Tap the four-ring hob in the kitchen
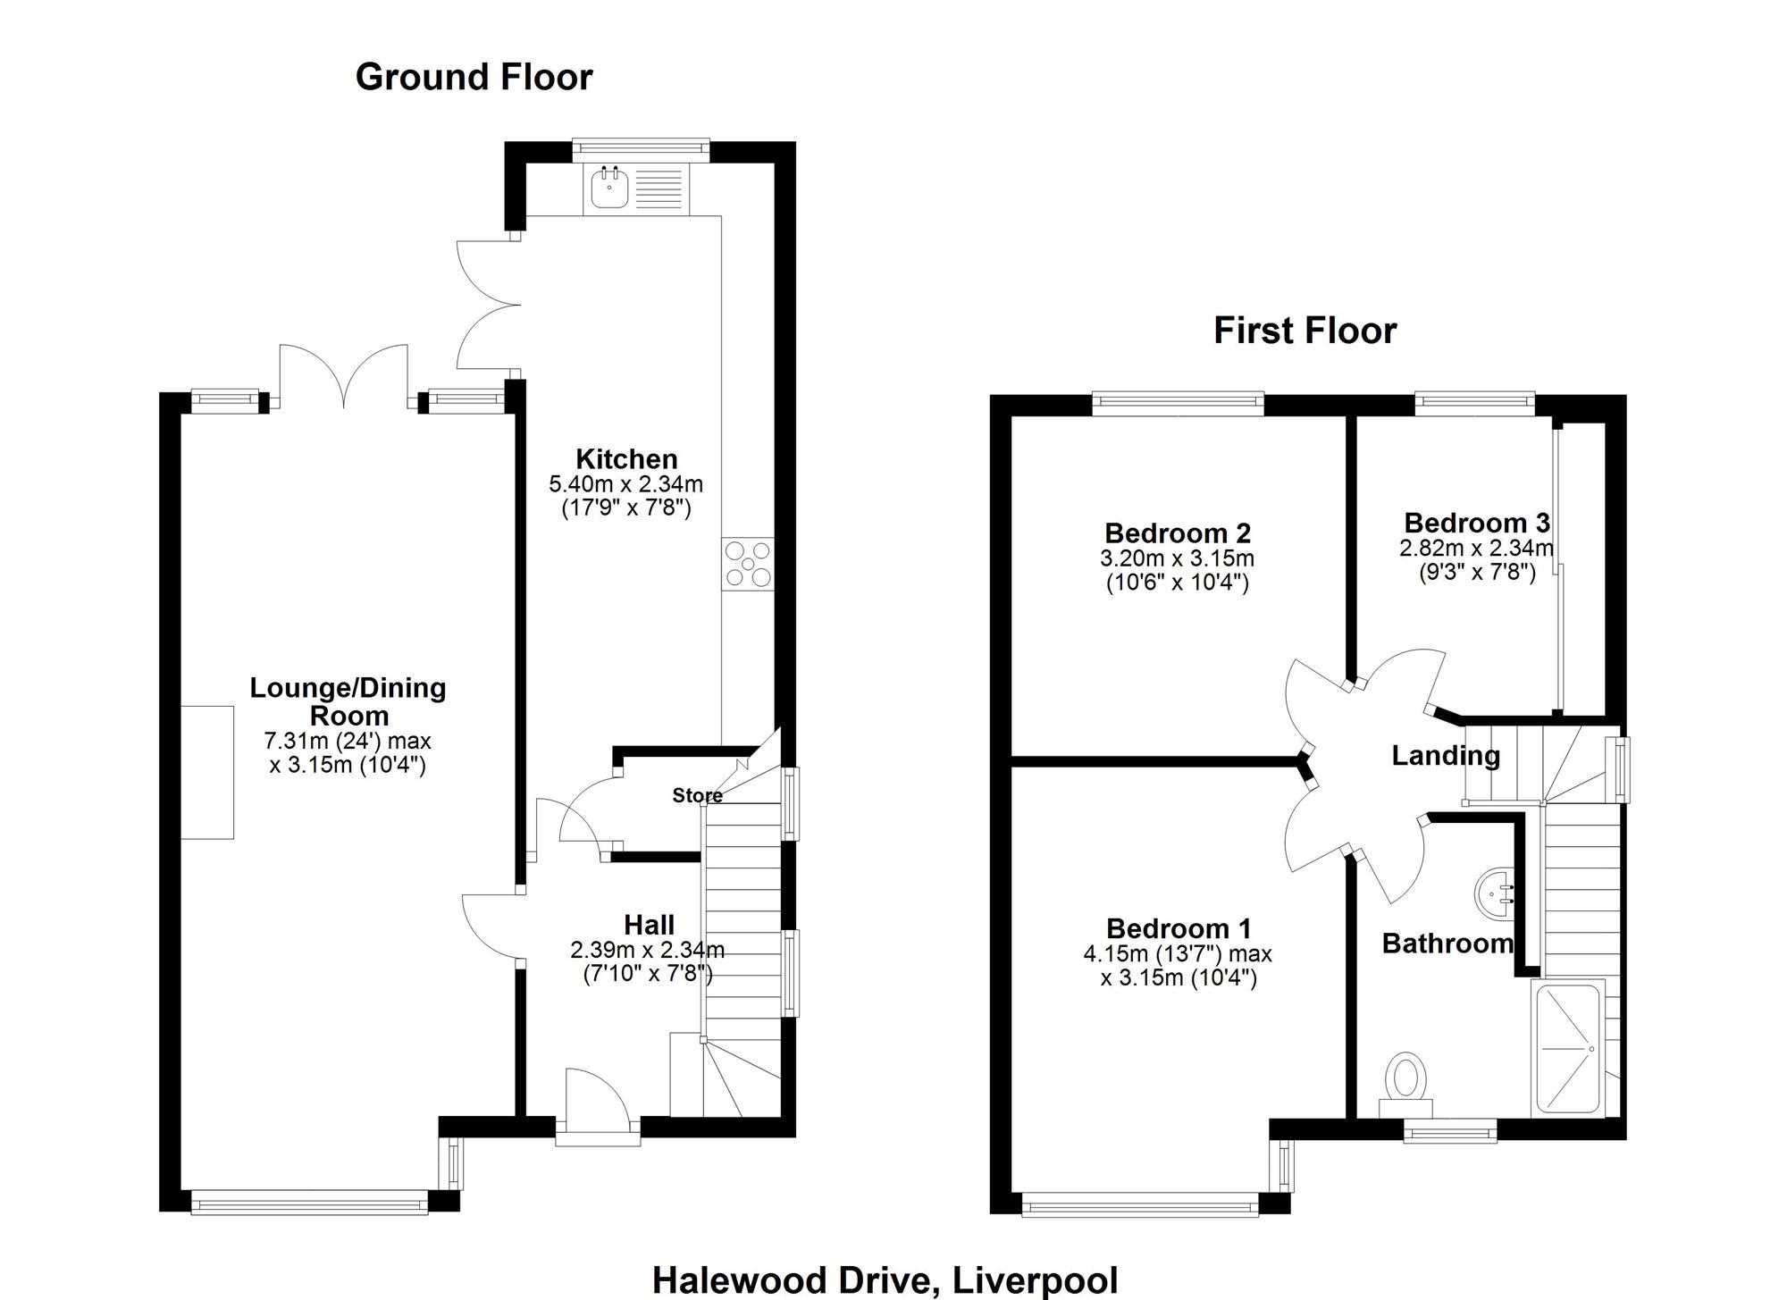(748, 565)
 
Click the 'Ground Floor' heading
(474, 78)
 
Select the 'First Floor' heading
(1305, 331)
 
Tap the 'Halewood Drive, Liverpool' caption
(885, 1279)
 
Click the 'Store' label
(697, 795)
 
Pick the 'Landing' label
(1446, 756)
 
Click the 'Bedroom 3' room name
(1477, 522)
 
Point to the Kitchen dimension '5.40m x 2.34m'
(625, 484)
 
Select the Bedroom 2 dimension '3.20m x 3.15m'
(1177, 558)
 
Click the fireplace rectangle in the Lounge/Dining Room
(207, 773)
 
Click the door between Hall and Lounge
(491, 929)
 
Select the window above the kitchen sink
(641, 149)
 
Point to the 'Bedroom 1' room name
(1179, 928)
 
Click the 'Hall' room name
(649, 925)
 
